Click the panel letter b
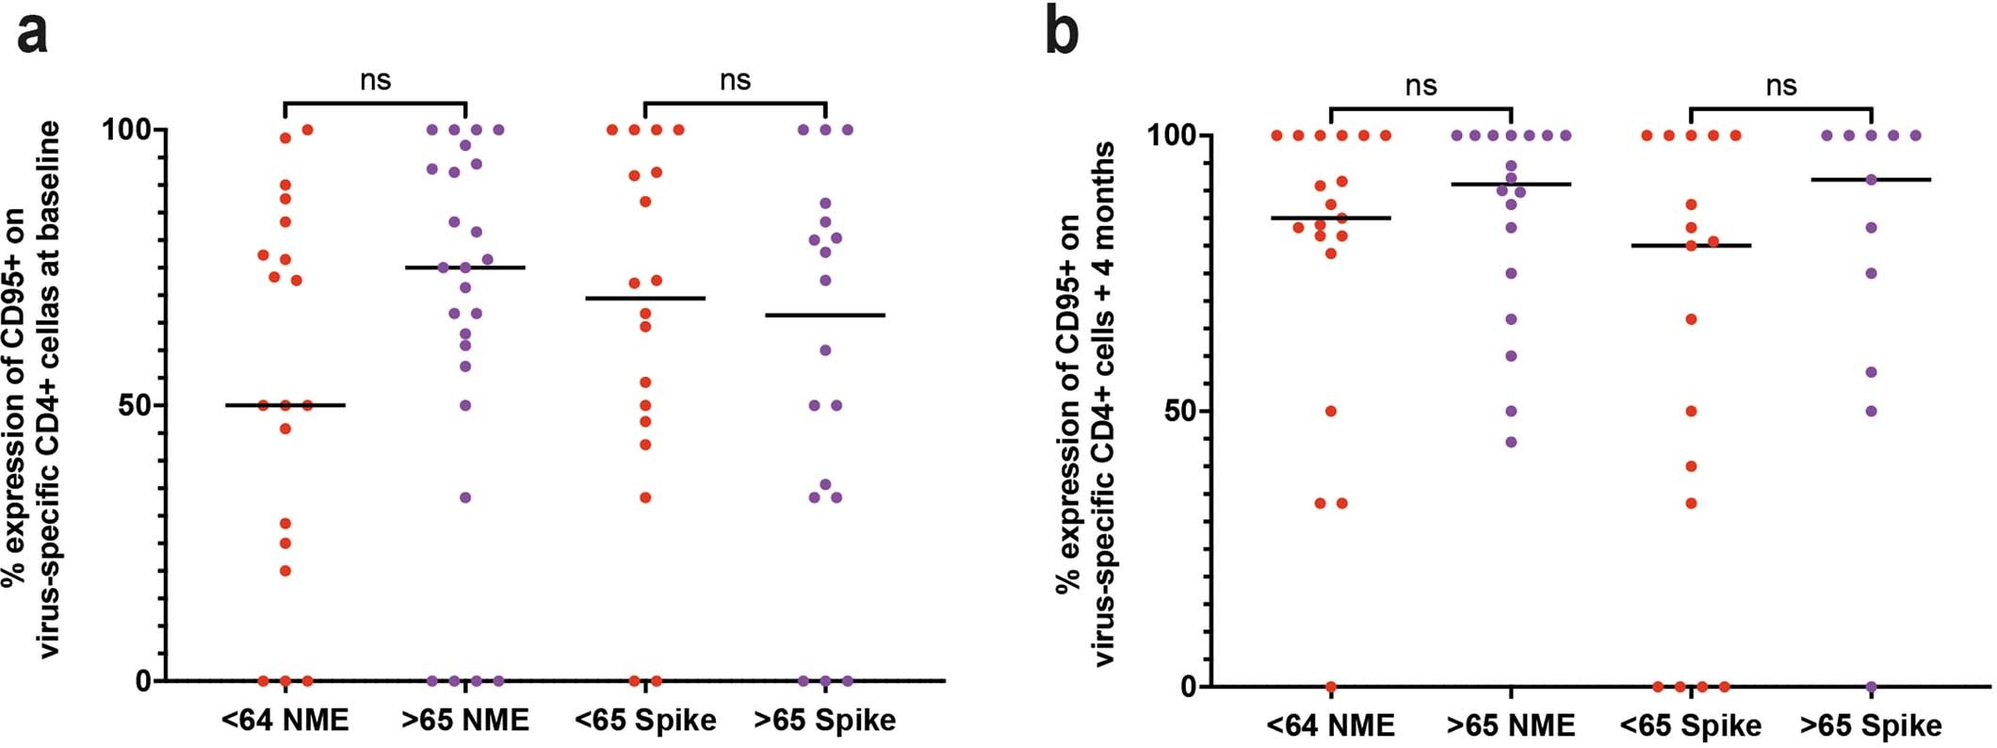1063,35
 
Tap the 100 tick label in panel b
1167,136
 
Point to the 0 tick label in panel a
142,680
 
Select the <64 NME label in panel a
285,721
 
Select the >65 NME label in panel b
1511,725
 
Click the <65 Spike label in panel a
645,721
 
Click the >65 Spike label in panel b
1871,725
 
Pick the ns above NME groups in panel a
375,80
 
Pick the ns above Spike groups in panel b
1780,86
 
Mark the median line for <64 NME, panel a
285,405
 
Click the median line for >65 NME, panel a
465,268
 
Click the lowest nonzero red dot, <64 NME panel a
285,570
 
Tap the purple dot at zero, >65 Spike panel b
1872,687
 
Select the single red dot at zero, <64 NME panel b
1331,687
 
